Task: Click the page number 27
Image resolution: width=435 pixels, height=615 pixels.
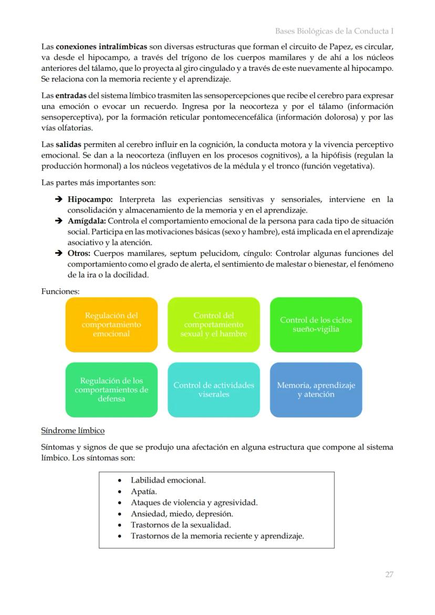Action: coord(389,575)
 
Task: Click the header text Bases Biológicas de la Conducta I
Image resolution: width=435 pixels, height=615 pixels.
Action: coord(334,32)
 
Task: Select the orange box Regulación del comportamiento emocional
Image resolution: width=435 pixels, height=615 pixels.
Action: coord(111,325)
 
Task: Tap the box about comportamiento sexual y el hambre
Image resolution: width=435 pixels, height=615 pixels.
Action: coord(214,325)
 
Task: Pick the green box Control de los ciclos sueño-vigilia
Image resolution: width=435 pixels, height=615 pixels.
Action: coord(316,325)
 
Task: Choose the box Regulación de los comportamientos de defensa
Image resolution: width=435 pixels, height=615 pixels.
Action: coord(111,390)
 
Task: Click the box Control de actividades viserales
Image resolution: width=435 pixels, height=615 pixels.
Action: coord(214,390)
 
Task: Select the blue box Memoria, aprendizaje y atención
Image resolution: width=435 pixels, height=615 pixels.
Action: coord(316,390)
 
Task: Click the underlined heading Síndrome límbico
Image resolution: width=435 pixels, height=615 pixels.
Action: coord(72,431)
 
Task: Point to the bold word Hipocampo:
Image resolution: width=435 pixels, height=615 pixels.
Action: coord(90,200)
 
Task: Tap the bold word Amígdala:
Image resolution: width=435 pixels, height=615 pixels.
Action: coord(87,221)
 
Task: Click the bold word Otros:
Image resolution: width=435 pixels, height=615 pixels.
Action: coord(79,253)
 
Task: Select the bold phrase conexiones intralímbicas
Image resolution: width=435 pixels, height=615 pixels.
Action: coord(101,46)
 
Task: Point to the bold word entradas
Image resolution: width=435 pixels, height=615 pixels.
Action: coord(71,96)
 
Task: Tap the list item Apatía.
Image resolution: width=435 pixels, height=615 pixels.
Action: coord(143,492)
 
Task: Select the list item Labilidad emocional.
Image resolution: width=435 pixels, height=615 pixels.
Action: coord(168,480)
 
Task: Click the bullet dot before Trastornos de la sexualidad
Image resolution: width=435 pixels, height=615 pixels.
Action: coord(120,525)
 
